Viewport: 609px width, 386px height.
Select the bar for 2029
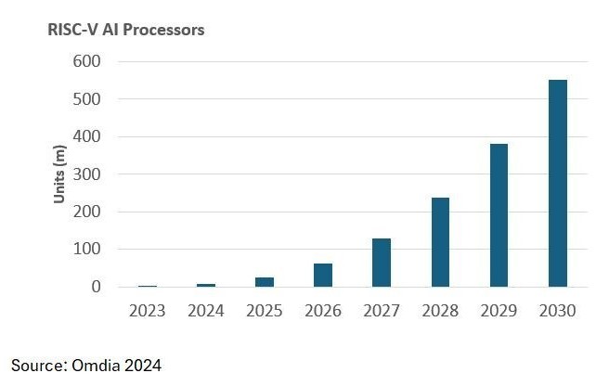499,215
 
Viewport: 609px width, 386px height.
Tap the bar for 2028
440,242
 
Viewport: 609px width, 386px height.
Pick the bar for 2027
382,263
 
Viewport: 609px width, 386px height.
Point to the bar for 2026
323,276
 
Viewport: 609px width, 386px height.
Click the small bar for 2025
265,282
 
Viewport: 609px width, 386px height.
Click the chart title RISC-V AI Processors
126,30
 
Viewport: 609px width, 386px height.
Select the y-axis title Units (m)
60,174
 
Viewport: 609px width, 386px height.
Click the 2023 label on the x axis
147,311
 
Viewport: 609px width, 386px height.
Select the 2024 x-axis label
205,311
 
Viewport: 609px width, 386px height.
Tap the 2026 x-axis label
323,311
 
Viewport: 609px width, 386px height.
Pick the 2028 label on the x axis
440,311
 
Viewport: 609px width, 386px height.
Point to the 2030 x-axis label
557,311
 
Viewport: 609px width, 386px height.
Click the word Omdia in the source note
95,366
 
